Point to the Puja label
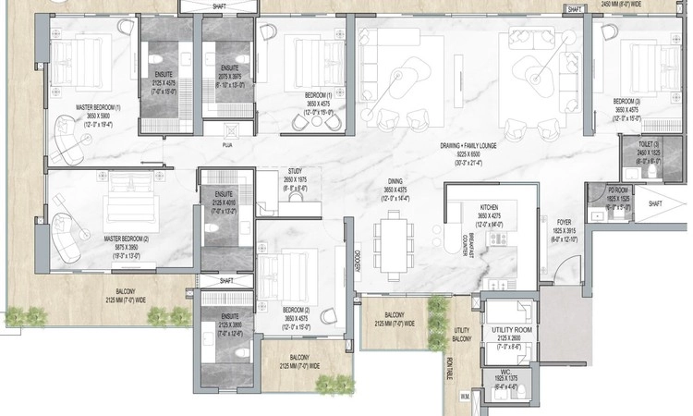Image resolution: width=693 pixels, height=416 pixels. click(x=226, y=145)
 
